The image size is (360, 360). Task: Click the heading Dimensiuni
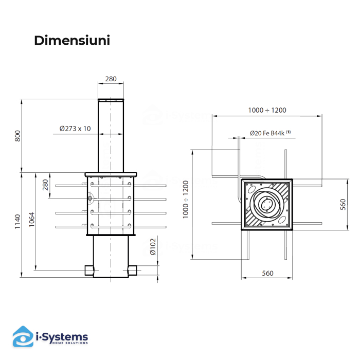pyautogui.click(x=72, y=41)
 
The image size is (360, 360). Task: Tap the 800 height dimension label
pyautogui.click(x=17, y=136)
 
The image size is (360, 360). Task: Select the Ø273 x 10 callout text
pyautogui.click(x=75, y=129)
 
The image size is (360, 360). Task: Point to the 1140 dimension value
pyautogui.click(x=17, y=222)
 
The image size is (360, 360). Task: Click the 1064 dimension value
pyautogui.click(x=32, y=220)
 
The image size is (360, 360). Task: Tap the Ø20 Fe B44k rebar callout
pyautogui.click(x=267, y=133)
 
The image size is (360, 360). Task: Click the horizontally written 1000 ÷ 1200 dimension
pyautogui.click(x=267, y=110)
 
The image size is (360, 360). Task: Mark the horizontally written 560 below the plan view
pyautogui.click(x=267, y=273)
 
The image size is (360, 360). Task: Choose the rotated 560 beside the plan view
pyautogui.click(x=343, y=204)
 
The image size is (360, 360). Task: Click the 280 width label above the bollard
pyautogui.click(x=111, y=79)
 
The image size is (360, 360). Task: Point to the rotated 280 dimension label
pyautogui.click(x=45, y=184)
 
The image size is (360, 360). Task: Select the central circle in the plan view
pyautogui.click(x=267, y=204)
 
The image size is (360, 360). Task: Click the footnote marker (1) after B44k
pyautogui.click(x=289, y=132)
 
